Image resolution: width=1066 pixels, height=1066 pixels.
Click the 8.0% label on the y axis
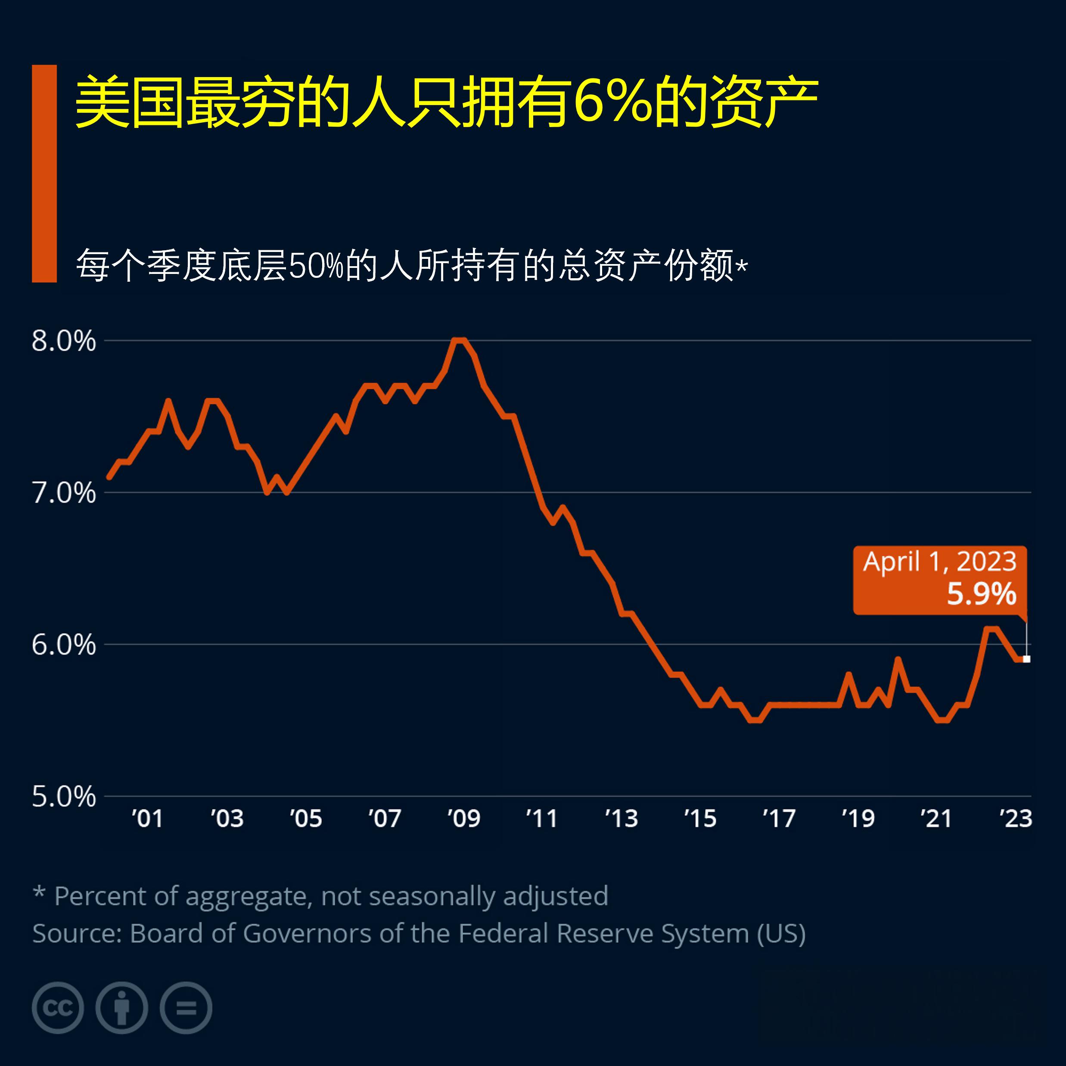63,342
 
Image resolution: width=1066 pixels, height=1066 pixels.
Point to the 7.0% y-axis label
63,493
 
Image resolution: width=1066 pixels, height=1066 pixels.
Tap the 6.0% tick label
63,644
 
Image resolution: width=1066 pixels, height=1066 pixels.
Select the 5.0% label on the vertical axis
63,797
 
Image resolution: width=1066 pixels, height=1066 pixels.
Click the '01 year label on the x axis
147,818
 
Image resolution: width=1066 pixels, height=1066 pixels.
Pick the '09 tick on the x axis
463,818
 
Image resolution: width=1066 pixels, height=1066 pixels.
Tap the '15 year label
700,818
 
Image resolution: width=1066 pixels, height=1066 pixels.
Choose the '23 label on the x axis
1016,818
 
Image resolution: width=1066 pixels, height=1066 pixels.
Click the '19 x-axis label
858,818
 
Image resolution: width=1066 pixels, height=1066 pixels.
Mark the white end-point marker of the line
1026,659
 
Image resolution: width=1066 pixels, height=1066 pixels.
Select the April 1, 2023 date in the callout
940,562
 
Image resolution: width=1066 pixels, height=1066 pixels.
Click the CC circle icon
58,1008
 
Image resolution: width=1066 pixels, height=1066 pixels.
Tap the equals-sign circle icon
186,1008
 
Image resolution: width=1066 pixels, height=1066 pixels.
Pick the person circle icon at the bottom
122,1008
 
